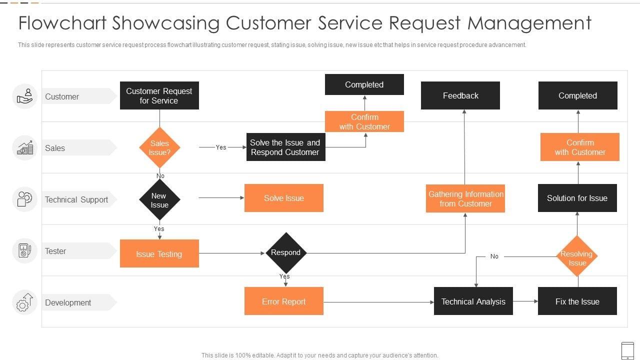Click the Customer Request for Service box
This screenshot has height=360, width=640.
[159, 95]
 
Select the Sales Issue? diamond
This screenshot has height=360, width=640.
[159, 147]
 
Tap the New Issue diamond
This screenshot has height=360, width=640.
[159, 200]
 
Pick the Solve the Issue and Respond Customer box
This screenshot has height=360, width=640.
[285, 147]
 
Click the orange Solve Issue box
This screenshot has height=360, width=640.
[283, 198]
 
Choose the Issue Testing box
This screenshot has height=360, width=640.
[159, 253]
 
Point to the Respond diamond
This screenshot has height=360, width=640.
[285, 253]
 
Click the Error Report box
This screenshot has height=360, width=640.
[283, 301]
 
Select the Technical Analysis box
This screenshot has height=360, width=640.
[473, 301]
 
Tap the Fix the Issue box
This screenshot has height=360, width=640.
[577, 301]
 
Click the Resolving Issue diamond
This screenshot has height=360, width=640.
[577, 256]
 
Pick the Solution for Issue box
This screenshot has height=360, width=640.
[577, 198]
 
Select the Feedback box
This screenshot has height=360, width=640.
[460, 95]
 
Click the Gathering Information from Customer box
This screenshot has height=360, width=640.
[465, 198]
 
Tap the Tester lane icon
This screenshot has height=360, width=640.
[24, 250]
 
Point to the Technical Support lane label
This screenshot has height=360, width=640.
[76, 199]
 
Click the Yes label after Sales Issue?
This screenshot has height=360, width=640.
[221, 147]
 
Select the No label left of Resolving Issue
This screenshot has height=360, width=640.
[494, 256]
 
